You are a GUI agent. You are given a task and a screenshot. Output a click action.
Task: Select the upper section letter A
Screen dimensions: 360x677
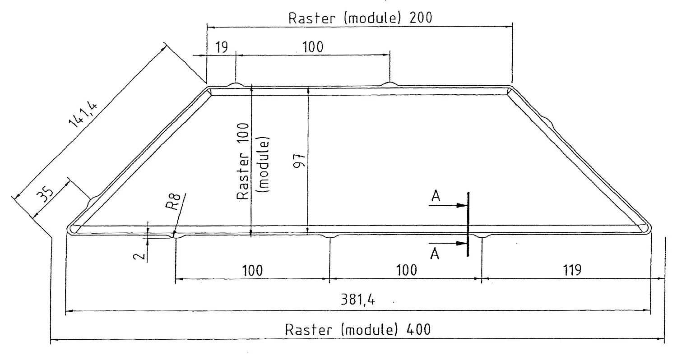436,196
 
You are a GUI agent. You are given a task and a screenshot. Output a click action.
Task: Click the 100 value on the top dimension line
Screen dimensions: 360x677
312,47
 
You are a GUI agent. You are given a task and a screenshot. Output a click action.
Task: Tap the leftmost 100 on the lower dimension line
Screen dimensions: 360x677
252,270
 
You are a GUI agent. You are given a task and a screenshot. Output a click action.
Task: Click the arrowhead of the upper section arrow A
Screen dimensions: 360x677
462,205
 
